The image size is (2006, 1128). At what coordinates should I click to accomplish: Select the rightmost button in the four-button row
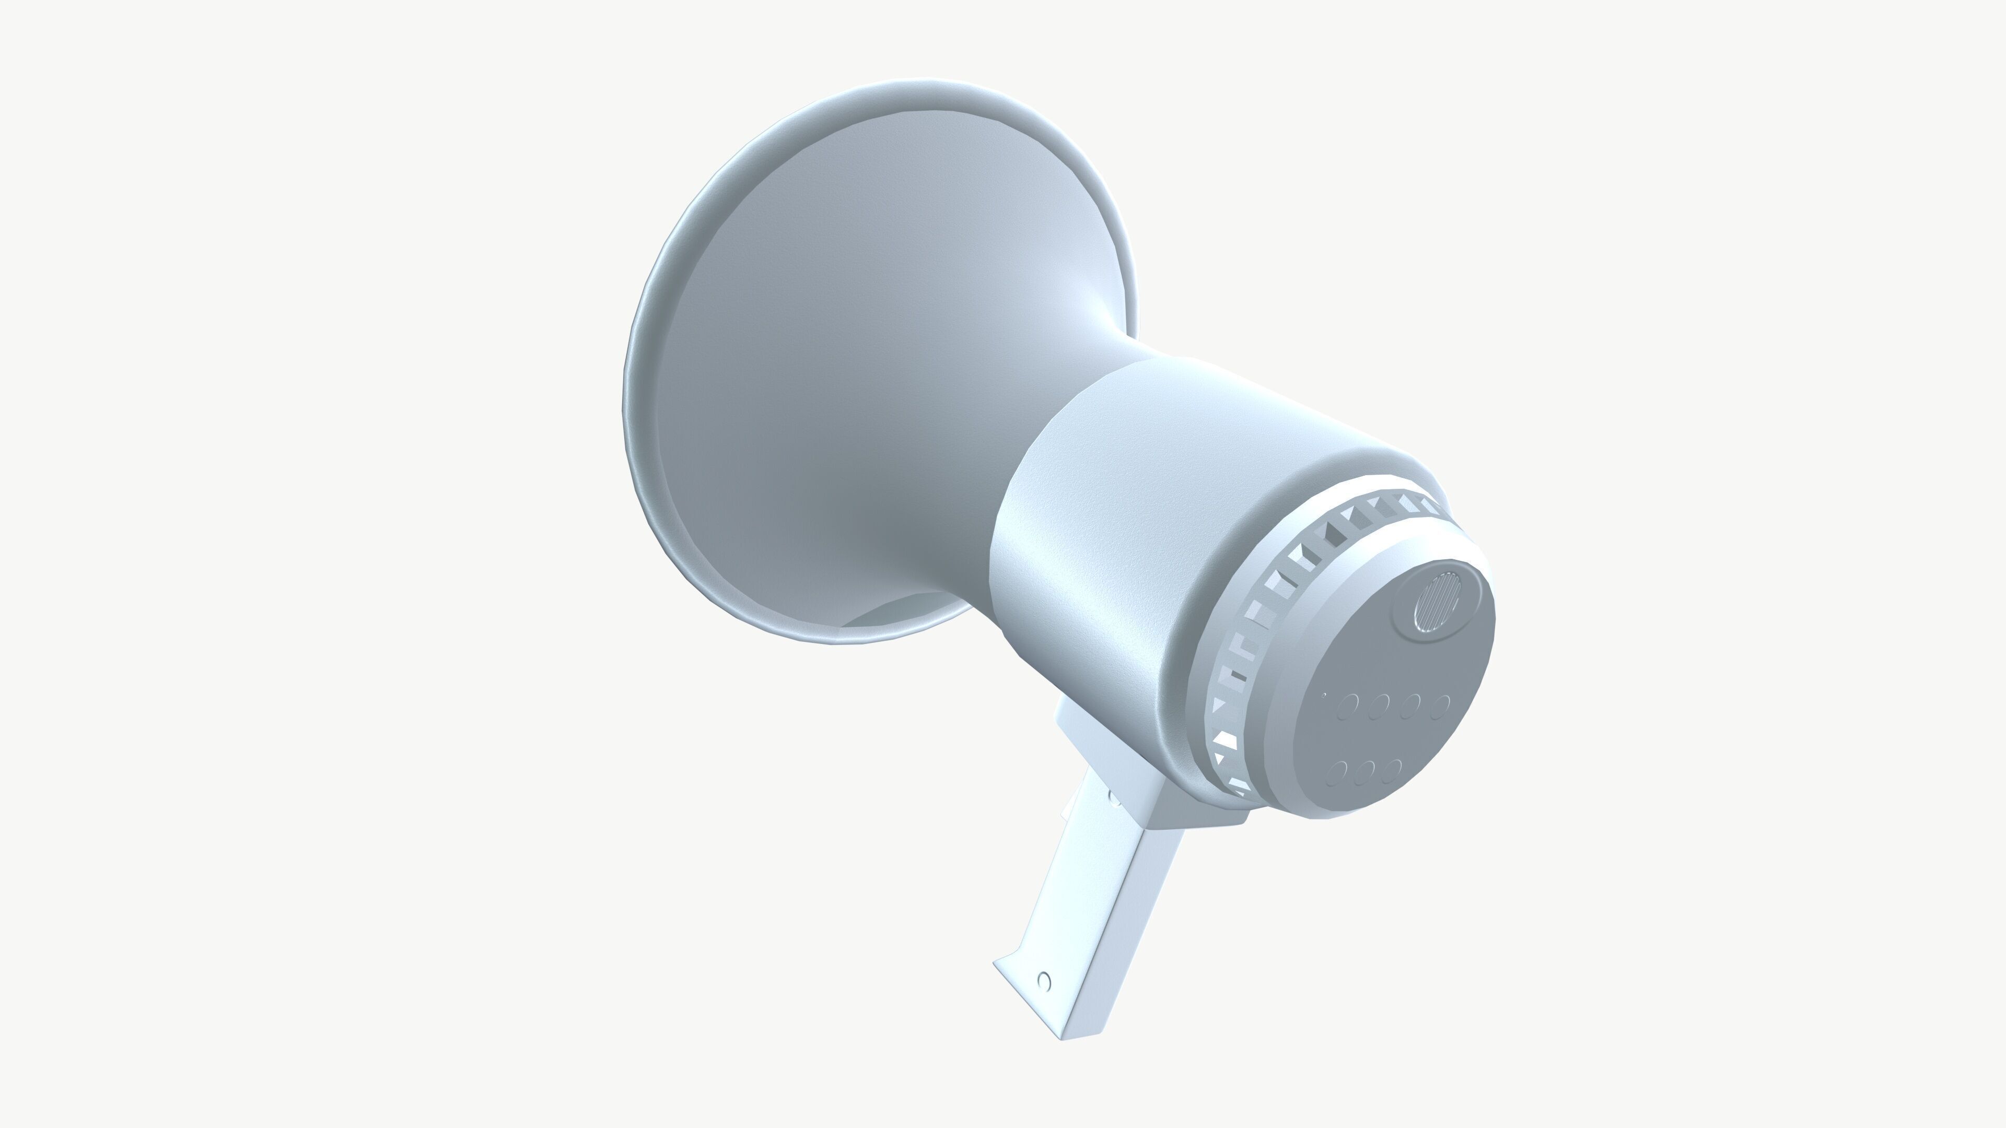pos(1441,706)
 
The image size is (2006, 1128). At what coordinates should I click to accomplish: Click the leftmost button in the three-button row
pos(1338,772)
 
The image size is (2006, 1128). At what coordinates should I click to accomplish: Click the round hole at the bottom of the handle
pos(1044,981)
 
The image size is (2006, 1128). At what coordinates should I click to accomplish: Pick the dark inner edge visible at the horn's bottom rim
pos(903,611)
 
